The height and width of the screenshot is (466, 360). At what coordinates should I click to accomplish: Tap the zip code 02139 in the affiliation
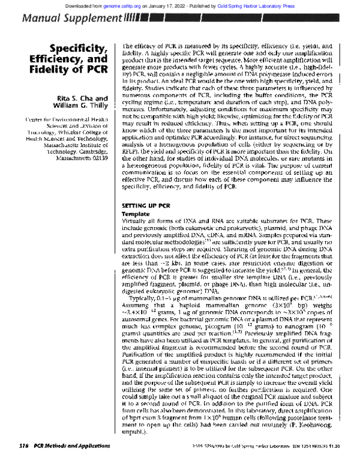pos(98,160)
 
